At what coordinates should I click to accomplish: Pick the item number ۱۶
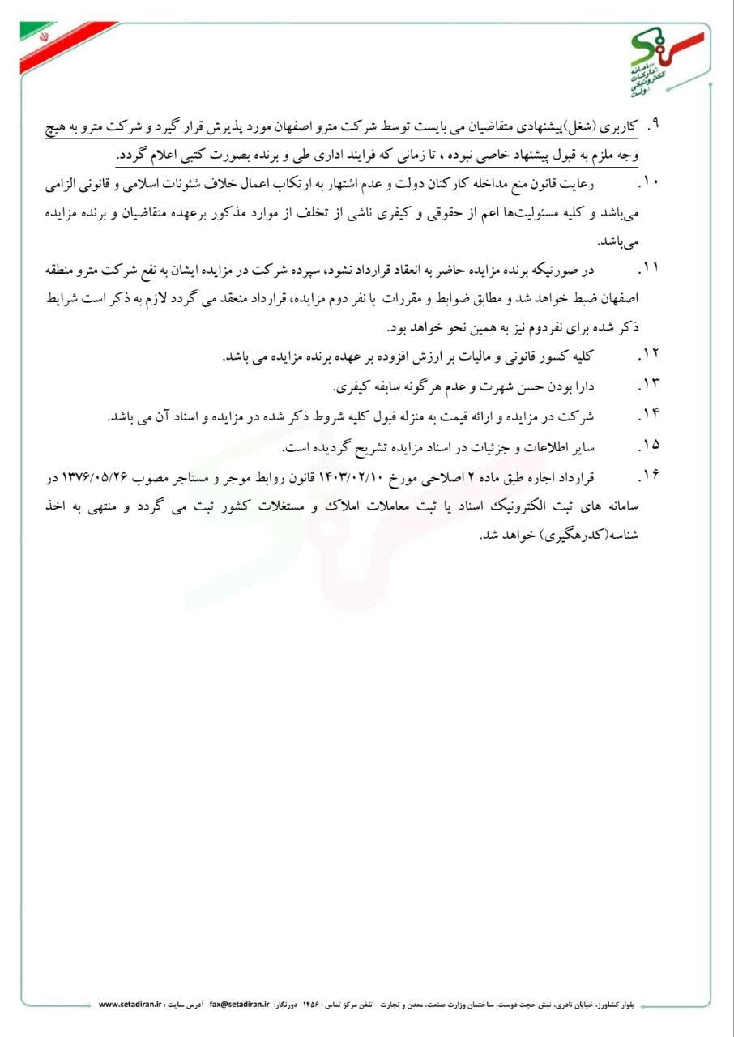click(x=649, y=475)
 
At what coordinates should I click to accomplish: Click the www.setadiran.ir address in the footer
click(x=130, y=1004)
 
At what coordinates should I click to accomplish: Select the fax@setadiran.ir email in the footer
click(x=239, y=1004)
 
